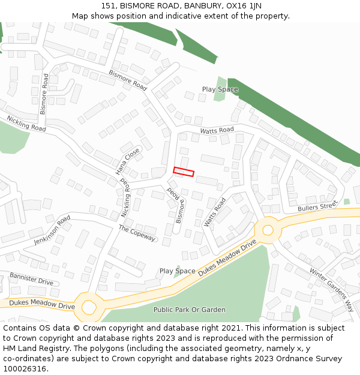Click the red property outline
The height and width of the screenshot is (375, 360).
184,172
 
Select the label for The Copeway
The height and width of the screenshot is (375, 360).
137,233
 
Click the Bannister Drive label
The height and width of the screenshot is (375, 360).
31,278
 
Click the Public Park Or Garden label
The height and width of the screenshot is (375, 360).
190,310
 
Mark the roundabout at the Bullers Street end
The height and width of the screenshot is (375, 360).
268,229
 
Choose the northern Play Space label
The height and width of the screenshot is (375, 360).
220,89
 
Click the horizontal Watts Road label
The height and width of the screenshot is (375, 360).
217,130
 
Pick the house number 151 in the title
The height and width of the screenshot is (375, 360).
108,5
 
